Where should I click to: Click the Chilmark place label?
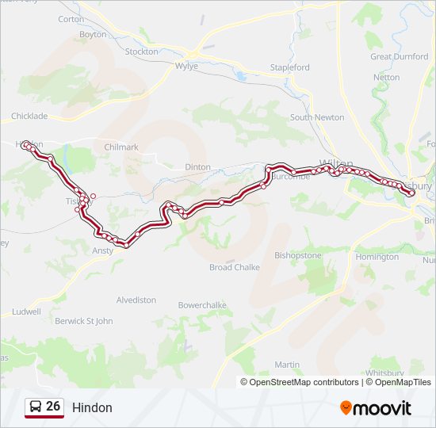[x=121, y=147]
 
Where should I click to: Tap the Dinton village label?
[x=197, y=167]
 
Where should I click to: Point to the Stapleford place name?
[x=289, y=68]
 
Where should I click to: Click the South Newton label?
[x=317, y=117]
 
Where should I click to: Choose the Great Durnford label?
[x=400, y=56]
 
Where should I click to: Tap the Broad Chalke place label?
[x=234, y=267]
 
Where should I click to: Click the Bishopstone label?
[x=298, y=256]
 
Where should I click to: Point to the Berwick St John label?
[x=84, y=321]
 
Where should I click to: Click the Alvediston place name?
[x=136, y=300]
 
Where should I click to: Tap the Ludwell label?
[x=26, y=311]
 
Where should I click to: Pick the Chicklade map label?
[x=29, y=116]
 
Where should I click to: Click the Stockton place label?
[x=142, y=52]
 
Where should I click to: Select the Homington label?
[x=377, y=257]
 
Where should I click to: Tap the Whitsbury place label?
[x=385, y=373]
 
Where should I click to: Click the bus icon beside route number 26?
[x=36, y=407]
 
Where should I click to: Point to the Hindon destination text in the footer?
[x=92, y=408]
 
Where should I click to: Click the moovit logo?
[x=376, y=408]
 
